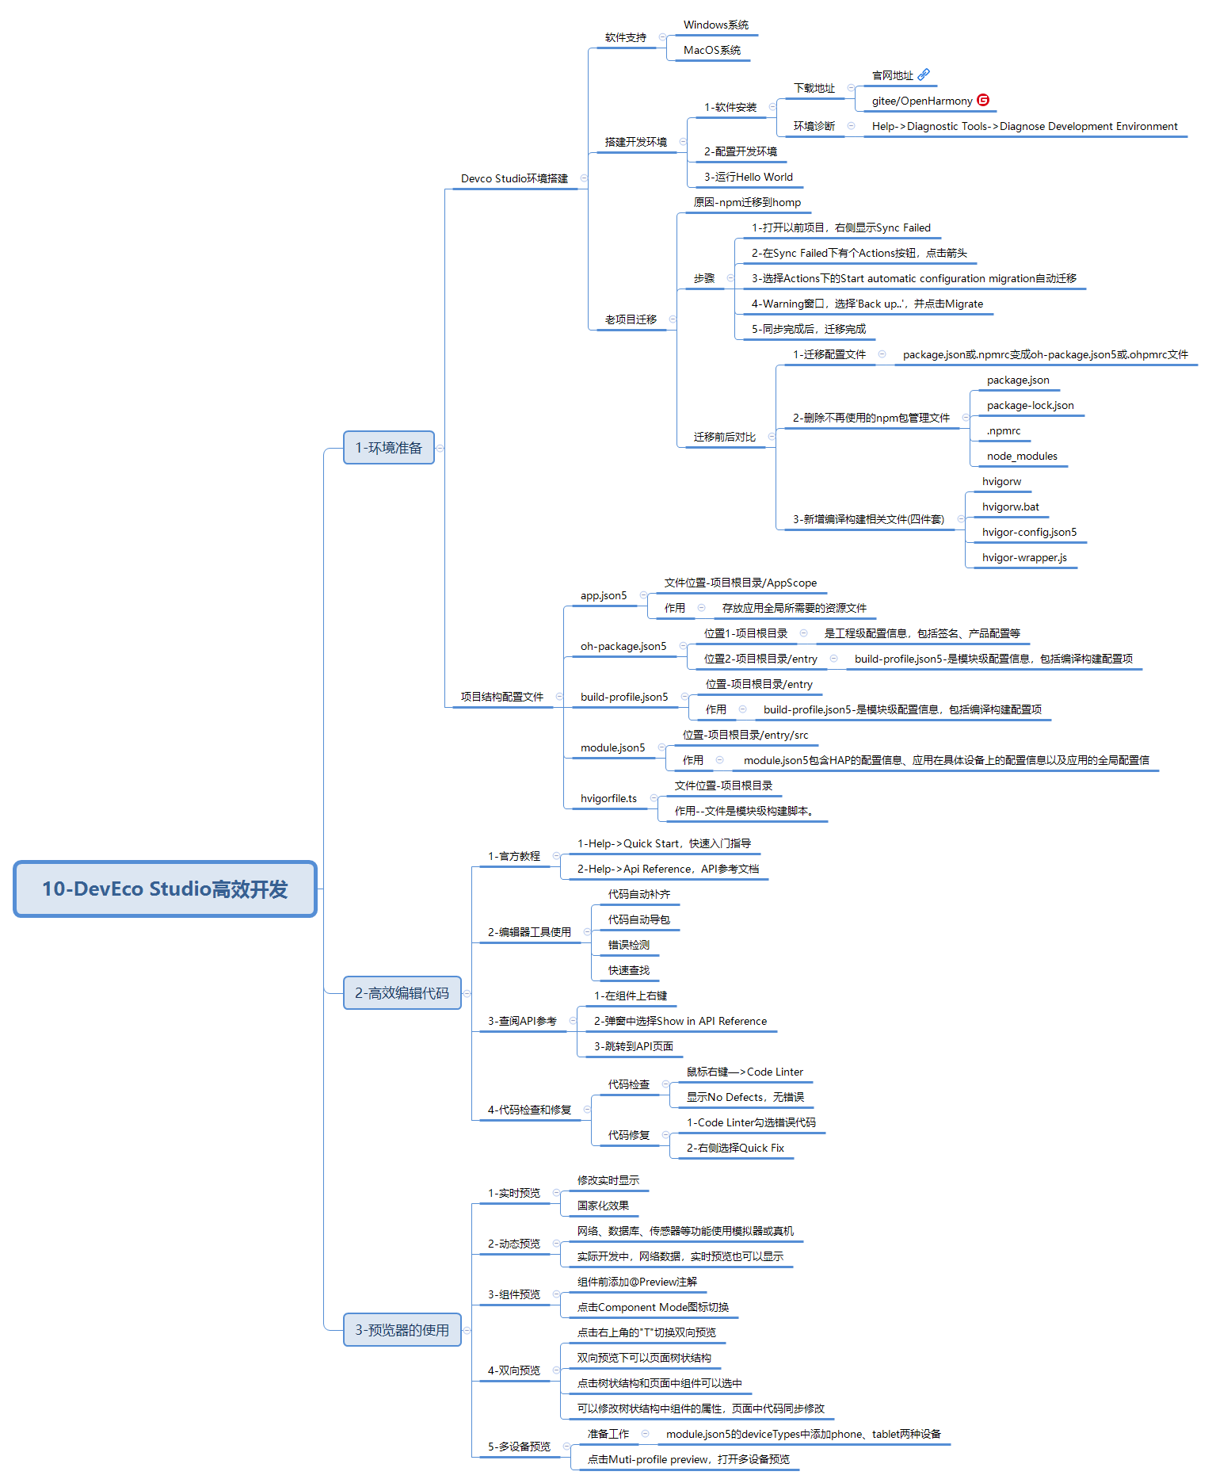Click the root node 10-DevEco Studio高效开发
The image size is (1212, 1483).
[165, 889]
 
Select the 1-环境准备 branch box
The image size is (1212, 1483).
[389, 448]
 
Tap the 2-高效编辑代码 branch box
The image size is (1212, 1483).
[402, 993]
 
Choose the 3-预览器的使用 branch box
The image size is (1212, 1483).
[402, 1330]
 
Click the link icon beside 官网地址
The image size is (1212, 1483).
[924, 75]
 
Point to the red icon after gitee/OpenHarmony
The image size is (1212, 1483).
[983, 100]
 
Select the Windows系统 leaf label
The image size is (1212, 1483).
[716, 25]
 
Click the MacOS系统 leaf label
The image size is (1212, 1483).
[712, 50]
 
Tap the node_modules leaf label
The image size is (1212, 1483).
[1022, 456]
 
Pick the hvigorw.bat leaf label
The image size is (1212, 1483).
[1011, 506]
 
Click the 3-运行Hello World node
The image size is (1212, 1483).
[749, 177]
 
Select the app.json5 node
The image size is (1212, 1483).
[604, 595]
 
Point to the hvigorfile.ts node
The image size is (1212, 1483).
[608, 798]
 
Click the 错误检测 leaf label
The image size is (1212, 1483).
[629, 945]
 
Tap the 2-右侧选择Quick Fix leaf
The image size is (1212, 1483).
[735, 1148]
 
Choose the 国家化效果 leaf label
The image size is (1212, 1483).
[603, 1206]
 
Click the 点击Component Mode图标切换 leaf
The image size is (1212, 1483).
[653, 1307]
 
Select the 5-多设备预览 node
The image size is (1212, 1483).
[519, 1447]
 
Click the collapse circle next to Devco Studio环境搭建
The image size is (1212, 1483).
[584, 178]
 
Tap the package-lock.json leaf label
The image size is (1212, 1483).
[1031, 405]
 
